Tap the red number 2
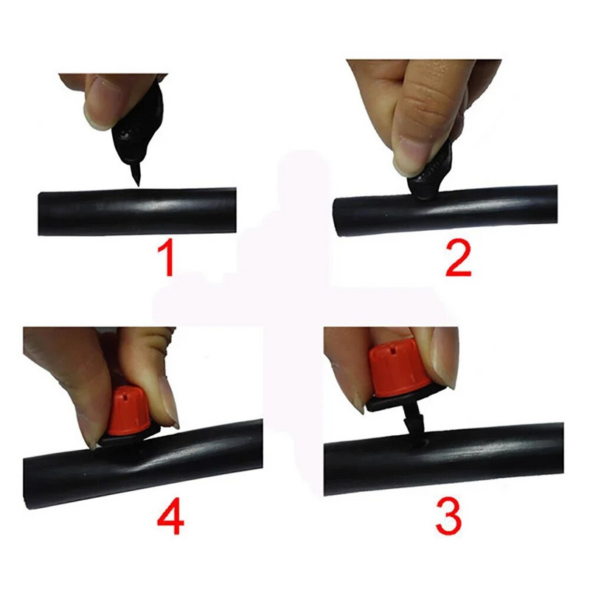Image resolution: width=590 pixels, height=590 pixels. pos(458,260)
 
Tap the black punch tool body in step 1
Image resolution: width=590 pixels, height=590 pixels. pos(140,124)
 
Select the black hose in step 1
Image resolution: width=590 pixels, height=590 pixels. pos(137,212)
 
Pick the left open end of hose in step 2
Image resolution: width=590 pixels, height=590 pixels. pos(338,218)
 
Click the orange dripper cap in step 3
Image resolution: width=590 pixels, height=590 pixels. pos(399,371)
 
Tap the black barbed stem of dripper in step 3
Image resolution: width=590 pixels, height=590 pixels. pos(413,425)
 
